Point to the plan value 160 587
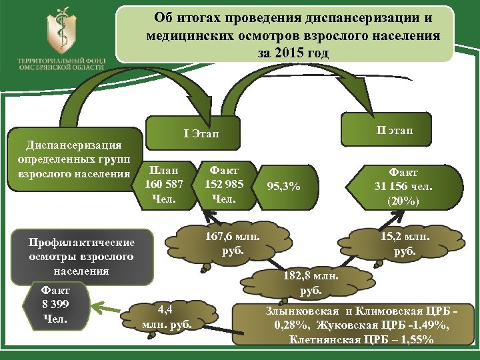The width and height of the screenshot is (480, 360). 164,184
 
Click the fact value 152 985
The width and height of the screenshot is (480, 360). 223,184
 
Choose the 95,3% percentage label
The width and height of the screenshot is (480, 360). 283,187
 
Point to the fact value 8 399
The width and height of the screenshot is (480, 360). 55,305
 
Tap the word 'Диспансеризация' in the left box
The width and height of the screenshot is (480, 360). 73,145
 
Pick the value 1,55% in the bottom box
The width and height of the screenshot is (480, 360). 417,339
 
